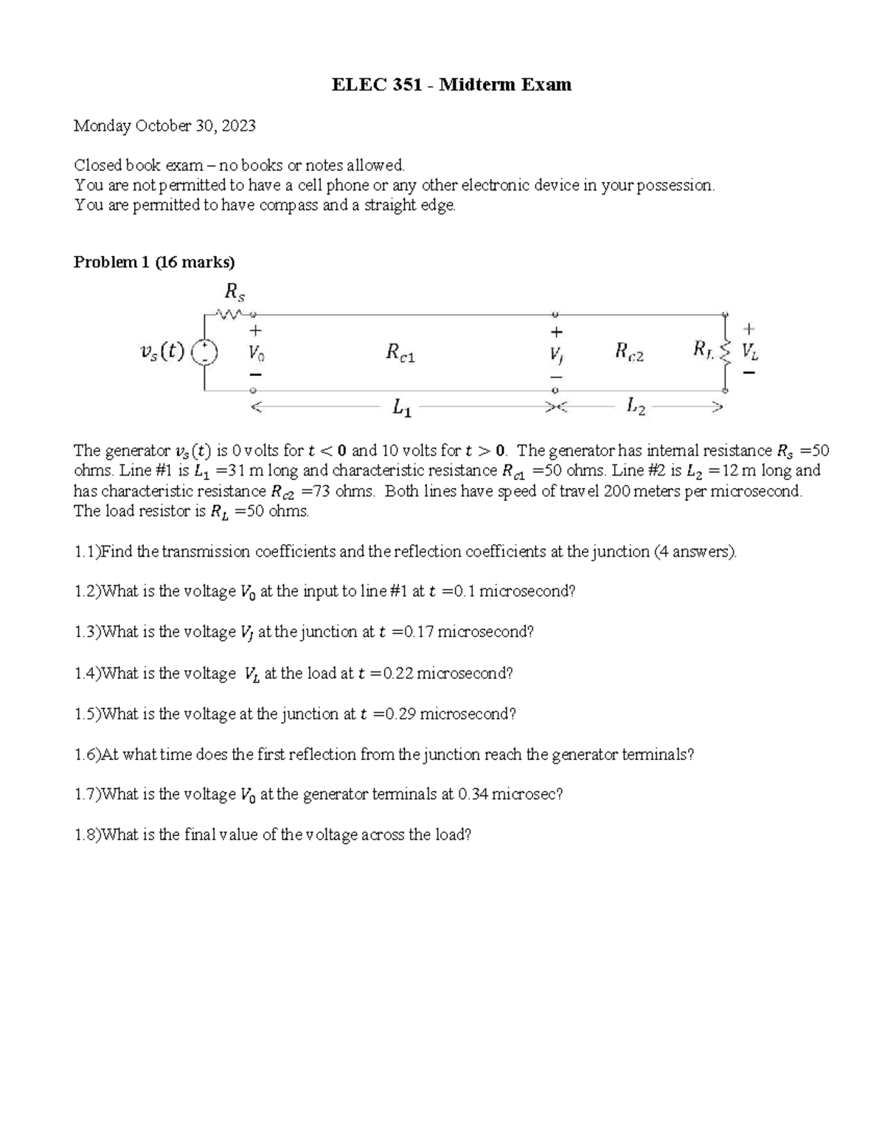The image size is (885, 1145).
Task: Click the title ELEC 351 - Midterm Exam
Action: tap(451, 85)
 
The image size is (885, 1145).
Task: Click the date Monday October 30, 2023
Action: tap(164, 125)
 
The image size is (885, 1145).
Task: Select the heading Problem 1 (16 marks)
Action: tap(154, 262)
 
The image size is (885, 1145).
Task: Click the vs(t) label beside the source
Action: tap(162, 352)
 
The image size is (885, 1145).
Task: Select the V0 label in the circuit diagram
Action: tap(256, 352)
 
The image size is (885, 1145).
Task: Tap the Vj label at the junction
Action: tap(555, 354)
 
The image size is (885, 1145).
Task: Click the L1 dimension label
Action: tap(402, 407)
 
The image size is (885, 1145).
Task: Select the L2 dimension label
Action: tap(636, 406)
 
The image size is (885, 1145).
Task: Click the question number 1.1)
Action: tap(87, 551)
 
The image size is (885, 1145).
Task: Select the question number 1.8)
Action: tap(87, 835)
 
